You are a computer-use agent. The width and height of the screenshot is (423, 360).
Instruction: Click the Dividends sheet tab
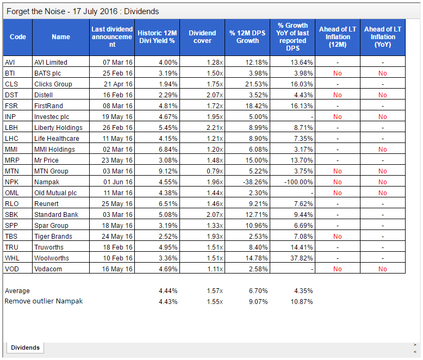[25, 347]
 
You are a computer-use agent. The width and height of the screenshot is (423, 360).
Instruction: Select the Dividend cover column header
[202, 37]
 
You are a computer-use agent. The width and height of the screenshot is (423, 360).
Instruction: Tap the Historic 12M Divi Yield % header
[157, 37]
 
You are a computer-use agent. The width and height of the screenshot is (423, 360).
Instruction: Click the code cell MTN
[12, 171]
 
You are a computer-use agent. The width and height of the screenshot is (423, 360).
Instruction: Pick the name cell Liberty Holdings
[58, 128]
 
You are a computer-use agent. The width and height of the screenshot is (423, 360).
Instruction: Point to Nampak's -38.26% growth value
[255, 182]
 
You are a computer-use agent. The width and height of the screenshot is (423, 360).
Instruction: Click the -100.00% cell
[298, 182]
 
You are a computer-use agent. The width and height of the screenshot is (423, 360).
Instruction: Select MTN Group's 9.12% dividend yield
[168, 171]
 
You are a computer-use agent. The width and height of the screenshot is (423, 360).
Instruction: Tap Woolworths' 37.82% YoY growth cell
[302, 258]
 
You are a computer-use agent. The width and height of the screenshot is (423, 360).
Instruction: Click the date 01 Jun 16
[118, 182]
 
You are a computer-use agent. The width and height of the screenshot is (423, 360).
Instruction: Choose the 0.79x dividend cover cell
[215, 171]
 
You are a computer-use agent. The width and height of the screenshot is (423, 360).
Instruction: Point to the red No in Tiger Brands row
[338, 237]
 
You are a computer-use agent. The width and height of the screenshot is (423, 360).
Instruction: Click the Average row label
[17, 291]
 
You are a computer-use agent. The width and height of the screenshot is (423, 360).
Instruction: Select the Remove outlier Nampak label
[43, 301]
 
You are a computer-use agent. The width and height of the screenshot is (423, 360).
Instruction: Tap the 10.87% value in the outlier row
[302, 302]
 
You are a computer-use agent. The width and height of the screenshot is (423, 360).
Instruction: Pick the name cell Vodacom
[48, 269]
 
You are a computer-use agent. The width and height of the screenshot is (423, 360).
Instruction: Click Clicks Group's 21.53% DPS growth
[256, 84]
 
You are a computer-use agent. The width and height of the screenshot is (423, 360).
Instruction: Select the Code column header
[18, 37]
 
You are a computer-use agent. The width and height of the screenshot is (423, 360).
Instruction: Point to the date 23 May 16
[117, 160]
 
